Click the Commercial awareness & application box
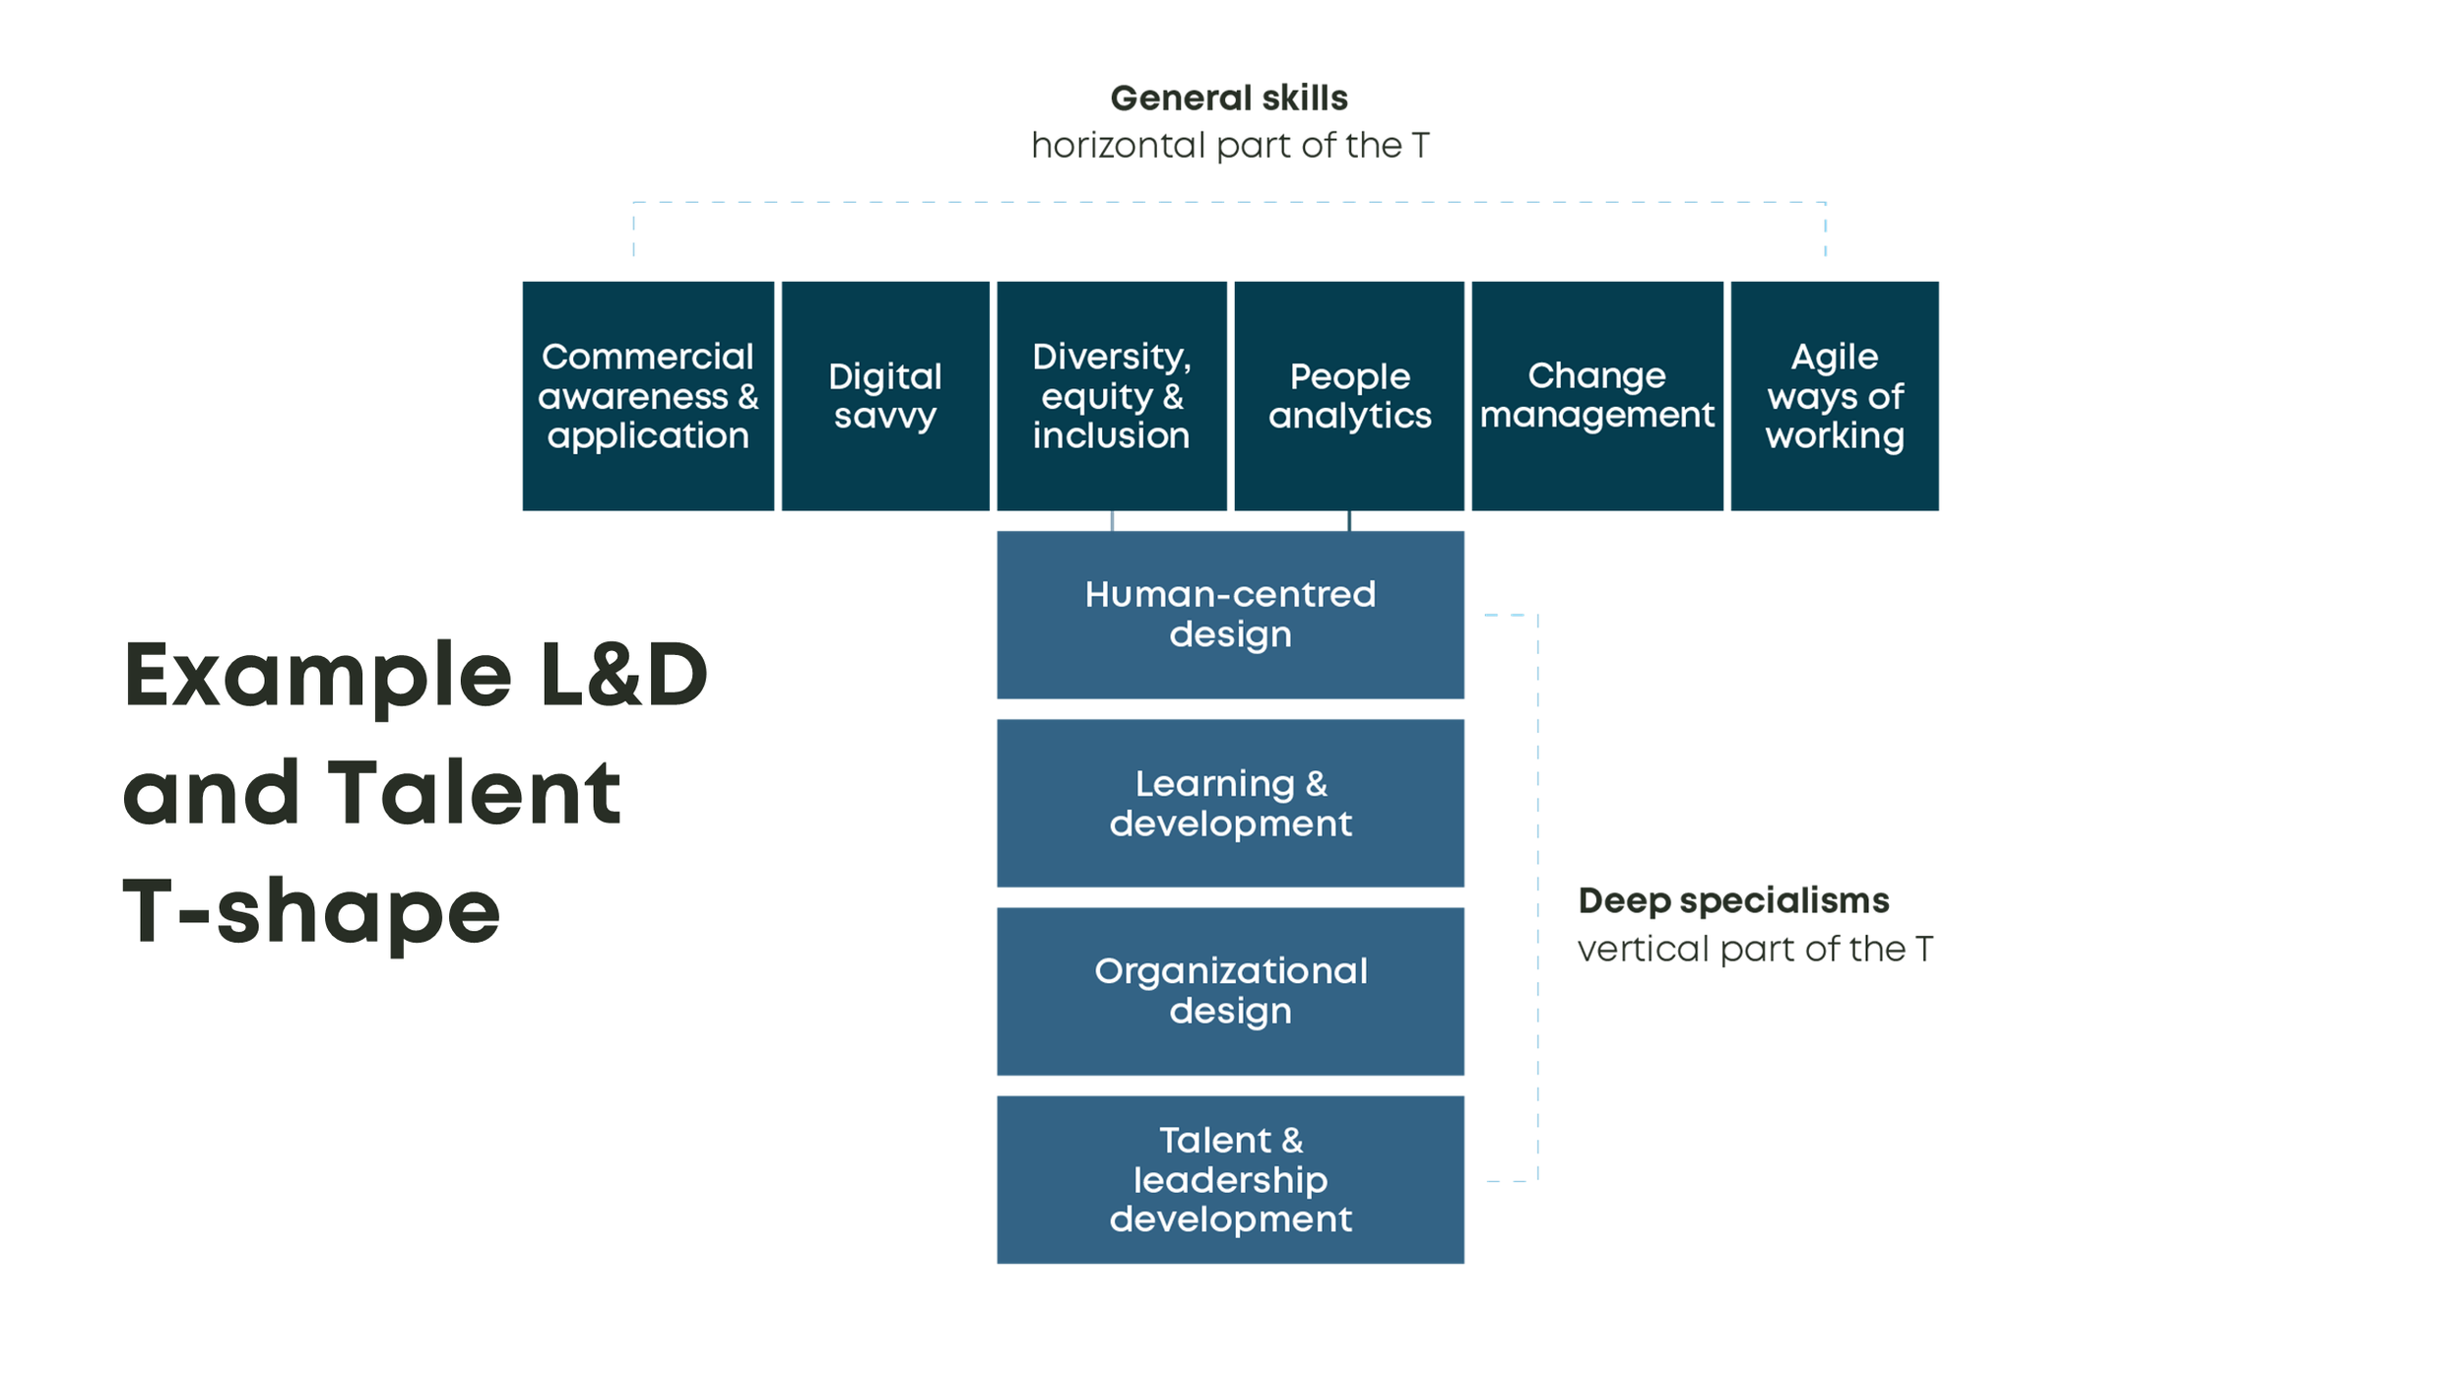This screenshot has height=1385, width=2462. tap(648, 396)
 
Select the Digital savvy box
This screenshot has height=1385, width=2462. tap(885, 396)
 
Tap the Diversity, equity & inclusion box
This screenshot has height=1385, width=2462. tap(1112, 396)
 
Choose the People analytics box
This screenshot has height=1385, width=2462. tap(1349, 396)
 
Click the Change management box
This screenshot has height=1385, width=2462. tap(1596, 396)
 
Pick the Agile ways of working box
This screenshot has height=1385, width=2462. tap(1834, 396)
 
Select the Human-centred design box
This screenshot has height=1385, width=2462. tap(1230, 615)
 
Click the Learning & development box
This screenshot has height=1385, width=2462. tap(1230, 803)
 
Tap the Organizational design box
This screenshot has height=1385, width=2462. tap(1230, 991)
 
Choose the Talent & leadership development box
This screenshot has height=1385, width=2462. tap(1230, 1179)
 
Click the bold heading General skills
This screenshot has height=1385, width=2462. tap(1229, 99)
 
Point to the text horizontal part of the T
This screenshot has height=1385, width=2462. tap(1229, 146)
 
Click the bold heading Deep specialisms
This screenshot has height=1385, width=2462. tap(1733, 900)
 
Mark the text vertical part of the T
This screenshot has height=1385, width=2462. tap(1755, 949)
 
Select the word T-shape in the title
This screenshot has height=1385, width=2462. tap(311, 911)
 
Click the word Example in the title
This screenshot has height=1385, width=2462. tap(317, 677)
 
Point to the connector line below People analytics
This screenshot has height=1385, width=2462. tap(1349, 521)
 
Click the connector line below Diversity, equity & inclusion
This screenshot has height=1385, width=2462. tap(1112, 521)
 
